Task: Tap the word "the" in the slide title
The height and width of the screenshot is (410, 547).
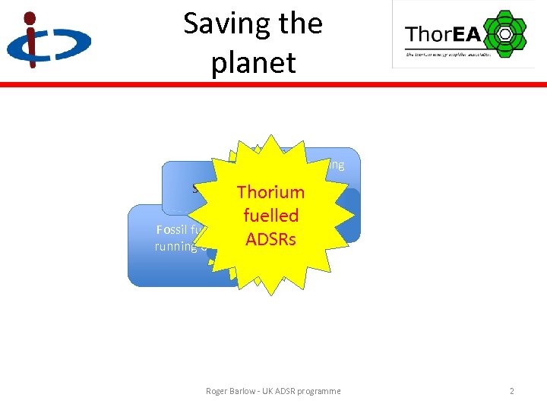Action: [299, 24]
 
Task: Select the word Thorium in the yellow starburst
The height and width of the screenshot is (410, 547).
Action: [270, 192]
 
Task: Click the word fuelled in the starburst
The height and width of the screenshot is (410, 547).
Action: [270, 216]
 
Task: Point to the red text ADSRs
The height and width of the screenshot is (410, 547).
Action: [270, 238]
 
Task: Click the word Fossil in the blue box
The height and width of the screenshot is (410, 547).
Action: [172, 230]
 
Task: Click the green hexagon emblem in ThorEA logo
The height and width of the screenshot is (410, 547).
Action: [504, 33]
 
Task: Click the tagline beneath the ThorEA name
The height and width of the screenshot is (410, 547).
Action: [448, 54]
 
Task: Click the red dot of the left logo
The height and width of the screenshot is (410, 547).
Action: [30, 17]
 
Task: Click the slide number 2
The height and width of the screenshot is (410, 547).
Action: [512, 391]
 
